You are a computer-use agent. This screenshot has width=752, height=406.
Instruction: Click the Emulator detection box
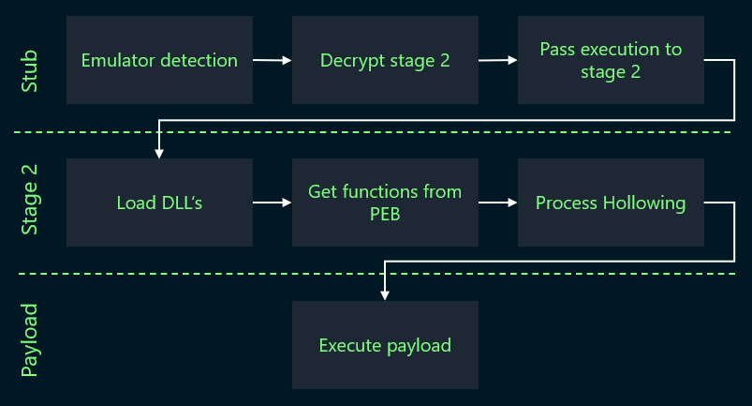pyautogui.click(x=159, y=60)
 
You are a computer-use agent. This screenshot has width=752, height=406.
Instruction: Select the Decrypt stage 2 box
pyautogui.click(x=385, y=60)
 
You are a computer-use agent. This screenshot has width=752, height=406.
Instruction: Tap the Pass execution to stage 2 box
pyautogui.click(x=611, y=60)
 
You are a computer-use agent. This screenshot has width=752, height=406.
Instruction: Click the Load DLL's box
pyautogui.click(x=159, y=203)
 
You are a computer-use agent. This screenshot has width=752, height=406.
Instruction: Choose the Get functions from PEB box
pyautogui.click(x=385, y=203)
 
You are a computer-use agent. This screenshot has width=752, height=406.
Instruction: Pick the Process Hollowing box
pyautogui.click(x=611, y=203)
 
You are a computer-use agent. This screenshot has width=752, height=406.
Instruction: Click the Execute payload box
pyautogui.click(x=385, y=345)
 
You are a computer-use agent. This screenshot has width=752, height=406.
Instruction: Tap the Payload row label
pyautogui.click(x=30, y=339)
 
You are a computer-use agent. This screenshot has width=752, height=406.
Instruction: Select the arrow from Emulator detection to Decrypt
pyautogui.click(x=273, y=61)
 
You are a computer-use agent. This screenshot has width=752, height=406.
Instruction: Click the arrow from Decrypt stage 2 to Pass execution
pyautogui.click(x=498, y=61)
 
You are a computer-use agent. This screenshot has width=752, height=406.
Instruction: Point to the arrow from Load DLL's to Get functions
pyautogui.click(x=273, y=203)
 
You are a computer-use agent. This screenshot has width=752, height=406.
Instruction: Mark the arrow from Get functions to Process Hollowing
pyautogui.click(x=498, y=203)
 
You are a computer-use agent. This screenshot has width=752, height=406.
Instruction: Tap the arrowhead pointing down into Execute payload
pyautogui.click(x=384, y=294)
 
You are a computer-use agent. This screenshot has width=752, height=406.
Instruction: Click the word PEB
pyautogui.click(x=385, y=215)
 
